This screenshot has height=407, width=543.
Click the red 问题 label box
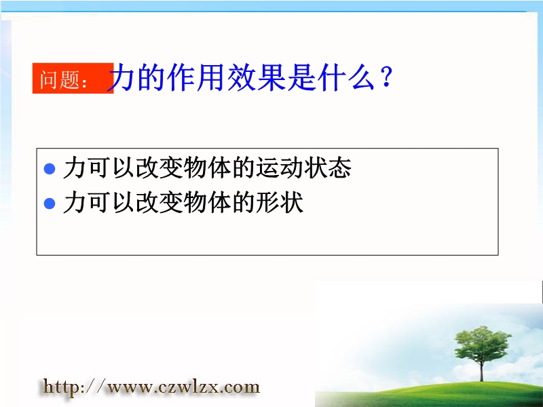(73, 78)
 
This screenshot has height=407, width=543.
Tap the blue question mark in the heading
(386, 77)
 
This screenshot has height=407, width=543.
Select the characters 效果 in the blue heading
(257, 77)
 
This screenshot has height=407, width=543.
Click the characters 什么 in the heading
(346, 77)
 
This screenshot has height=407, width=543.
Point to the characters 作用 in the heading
(196, 77)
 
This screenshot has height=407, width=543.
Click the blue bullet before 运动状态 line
(50, 168)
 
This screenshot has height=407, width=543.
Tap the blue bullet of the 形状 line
(50, 203)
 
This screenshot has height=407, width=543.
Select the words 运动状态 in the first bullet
(303, 168)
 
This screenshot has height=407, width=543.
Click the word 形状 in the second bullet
(280, 202)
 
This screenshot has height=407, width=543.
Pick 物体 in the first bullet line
(208, 168)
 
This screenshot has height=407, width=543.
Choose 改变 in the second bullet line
(160, 202)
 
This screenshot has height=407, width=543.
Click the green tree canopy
(482, 344)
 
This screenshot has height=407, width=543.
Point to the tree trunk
(482, 371)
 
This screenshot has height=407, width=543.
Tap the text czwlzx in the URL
(188, 387)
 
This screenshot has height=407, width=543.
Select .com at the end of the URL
(240, 387)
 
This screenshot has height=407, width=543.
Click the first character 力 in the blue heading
(121, 77)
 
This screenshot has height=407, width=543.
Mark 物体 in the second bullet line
(208, 202)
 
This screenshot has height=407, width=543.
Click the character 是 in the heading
(301, 77)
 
